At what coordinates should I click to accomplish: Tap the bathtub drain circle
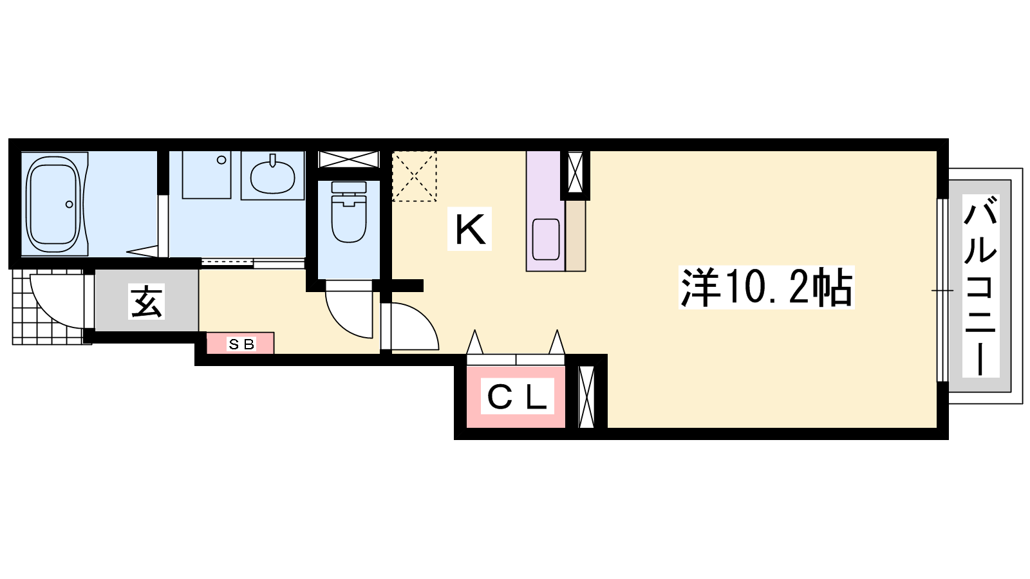click(70, 204)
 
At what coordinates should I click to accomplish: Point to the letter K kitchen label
click(469, 229)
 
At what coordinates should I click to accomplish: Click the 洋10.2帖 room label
click(766, 287)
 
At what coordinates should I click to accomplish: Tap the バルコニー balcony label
click(980, 286)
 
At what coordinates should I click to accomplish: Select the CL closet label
click(517, 396)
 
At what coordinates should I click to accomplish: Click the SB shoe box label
click(241, 344)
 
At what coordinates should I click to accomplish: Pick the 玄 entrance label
click(146, 302)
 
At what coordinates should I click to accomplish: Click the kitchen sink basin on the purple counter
click(546, 239)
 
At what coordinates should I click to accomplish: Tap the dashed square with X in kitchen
click(414, 176)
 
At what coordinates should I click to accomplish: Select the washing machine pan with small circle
click(207, 175)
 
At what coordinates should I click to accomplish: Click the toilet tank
click(349, 187)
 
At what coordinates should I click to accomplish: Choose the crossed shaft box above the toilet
click(349, 160)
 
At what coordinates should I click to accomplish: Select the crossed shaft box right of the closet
click(586, 397)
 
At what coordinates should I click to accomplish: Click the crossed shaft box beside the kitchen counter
click(576, 172)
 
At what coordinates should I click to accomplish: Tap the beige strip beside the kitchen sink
click(576, 235)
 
